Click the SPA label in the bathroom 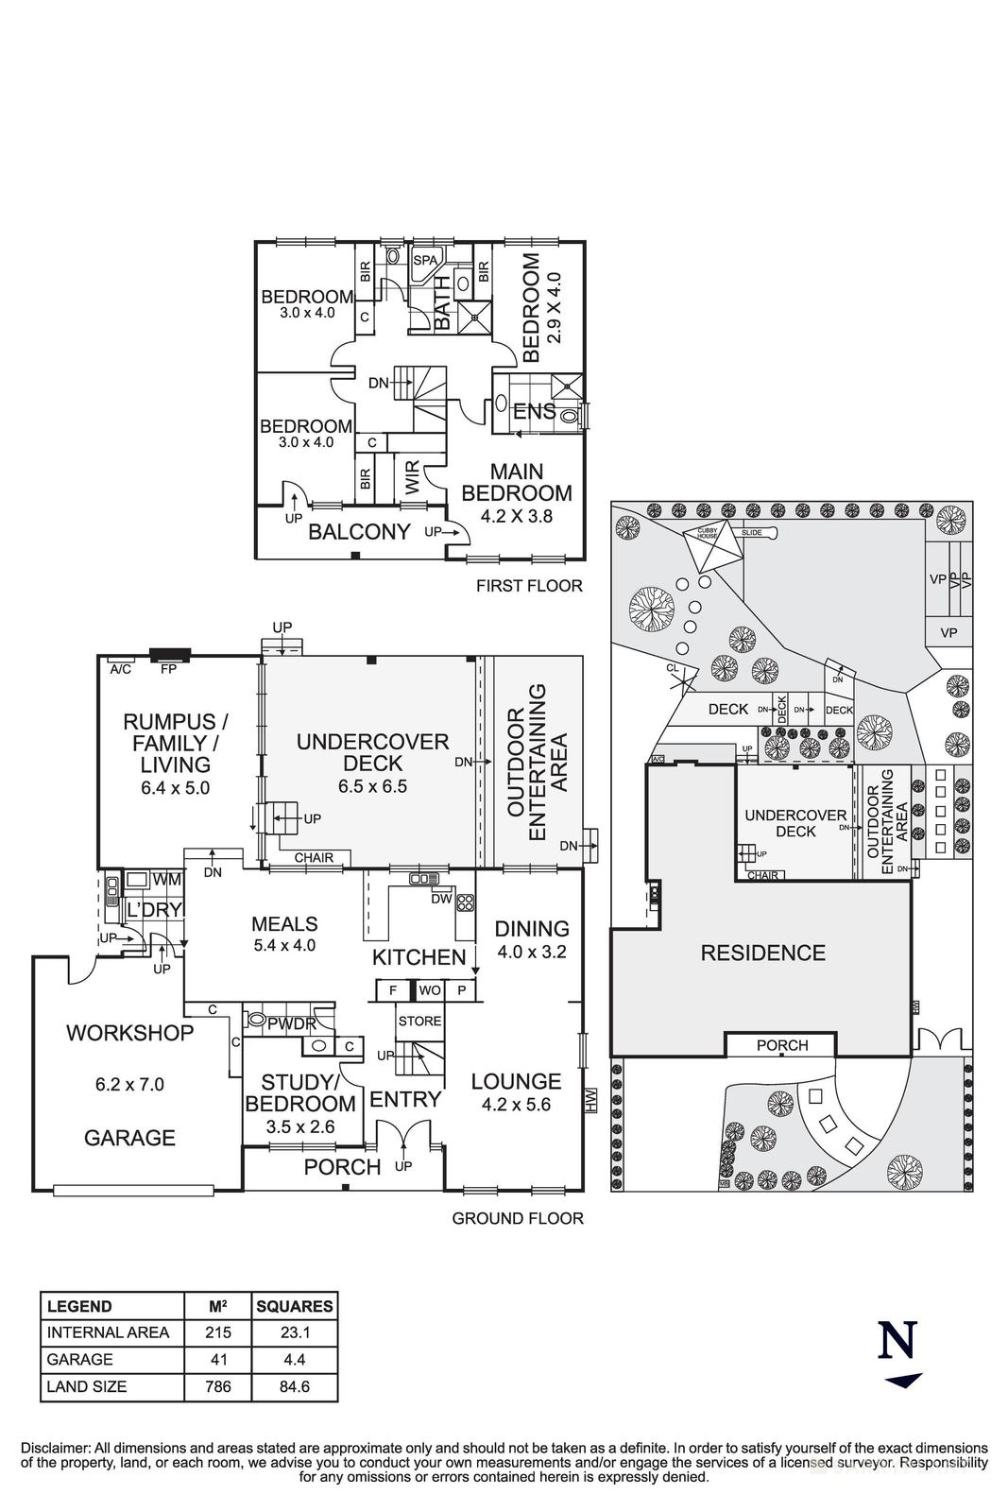click(425, 260)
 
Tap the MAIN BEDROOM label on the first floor click(516, 482)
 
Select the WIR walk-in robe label click(412, 477)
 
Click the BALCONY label click(359, 532)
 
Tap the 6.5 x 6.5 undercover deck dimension click(372, 785)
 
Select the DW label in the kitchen click(441, 899)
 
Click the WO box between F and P click(430, 990)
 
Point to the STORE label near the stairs click(419, 1021)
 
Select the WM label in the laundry click(166, 880)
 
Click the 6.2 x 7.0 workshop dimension click(129, 1084)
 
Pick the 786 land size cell click(218, 1386)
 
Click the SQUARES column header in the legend click(295, 1306)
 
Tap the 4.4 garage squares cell click(295, 1359)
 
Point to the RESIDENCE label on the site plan click(762, 953)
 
